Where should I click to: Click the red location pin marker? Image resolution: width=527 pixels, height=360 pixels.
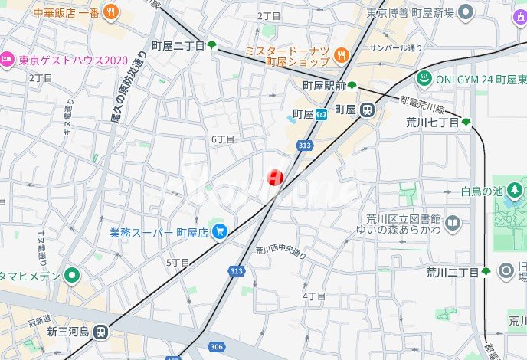coord(274,178)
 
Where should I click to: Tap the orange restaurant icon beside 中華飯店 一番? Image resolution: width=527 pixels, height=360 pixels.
coord(112,11)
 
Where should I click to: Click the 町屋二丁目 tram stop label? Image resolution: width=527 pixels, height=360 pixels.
coord(178,46)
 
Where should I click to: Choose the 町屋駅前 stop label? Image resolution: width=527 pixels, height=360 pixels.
coord(324,86)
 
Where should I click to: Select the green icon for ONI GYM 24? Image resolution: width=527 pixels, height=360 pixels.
coord(423,78)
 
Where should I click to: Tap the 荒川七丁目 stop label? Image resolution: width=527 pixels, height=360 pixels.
coord(432,122)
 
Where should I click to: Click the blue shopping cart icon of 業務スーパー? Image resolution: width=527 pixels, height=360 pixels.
coord(220,230)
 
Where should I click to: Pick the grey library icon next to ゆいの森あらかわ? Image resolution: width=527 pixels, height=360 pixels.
coord(453,224)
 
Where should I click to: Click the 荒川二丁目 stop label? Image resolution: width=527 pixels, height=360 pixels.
coord(452,272)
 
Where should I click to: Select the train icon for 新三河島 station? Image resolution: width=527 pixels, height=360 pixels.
coord(102,332)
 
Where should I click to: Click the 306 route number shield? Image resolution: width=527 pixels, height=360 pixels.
coord(217,347)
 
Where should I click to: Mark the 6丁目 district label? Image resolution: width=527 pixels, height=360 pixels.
coord(222,139)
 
